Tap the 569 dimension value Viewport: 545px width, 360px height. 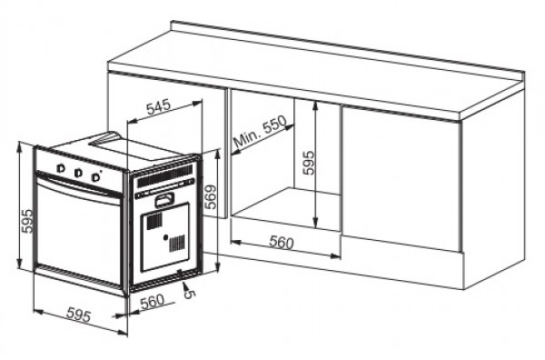point(211,196)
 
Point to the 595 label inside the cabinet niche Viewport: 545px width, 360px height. point(308,162)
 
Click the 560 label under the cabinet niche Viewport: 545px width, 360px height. point(282,243)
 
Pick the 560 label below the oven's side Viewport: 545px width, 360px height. point(152,301)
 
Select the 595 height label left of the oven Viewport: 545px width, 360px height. point(26,220)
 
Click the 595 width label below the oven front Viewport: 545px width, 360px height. point(79,315)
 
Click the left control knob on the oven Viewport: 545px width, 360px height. point(60,169)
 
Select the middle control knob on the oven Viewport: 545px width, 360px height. point(78,171)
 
